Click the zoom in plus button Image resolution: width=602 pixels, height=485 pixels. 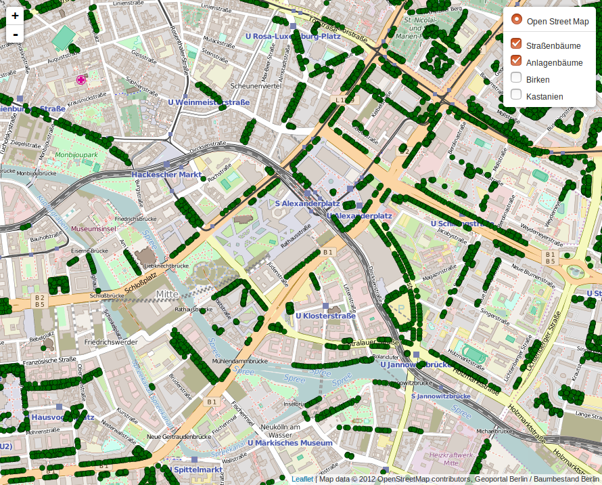15,15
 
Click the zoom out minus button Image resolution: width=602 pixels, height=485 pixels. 15,33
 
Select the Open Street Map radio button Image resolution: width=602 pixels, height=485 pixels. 517,21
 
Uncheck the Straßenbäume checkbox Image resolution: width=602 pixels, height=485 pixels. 517,44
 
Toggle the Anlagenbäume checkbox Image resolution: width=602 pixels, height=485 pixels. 517,62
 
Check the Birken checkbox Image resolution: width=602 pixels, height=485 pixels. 517,79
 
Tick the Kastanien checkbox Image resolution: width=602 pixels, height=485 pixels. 517,96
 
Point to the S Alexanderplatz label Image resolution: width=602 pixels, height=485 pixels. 307,203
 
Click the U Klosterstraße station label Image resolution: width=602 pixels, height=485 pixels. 325,316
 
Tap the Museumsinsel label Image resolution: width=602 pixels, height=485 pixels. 94,229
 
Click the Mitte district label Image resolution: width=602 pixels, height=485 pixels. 167,294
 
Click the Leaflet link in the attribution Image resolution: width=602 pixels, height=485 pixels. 302,480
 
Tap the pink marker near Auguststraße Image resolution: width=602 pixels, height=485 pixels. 82,80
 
